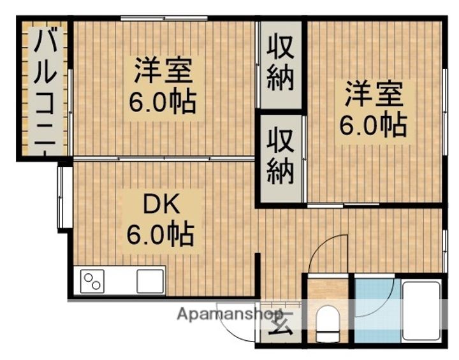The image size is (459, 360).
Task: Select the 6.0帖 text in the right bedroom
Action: coord(372,126)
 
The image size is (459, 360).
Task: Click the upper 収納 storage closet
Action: coord(280,64)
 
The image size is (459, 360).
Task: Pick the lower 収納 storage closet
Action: coord(280,157)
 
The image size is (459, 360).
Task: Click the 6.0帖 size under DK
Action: coord(160,235)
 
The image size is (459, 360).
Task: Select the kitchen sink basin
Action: coord(150,280)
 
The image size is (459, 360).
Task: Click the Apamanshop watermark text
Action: coord(230,313)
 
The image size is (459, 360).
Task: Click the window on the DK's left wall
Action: coord(64,197)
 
